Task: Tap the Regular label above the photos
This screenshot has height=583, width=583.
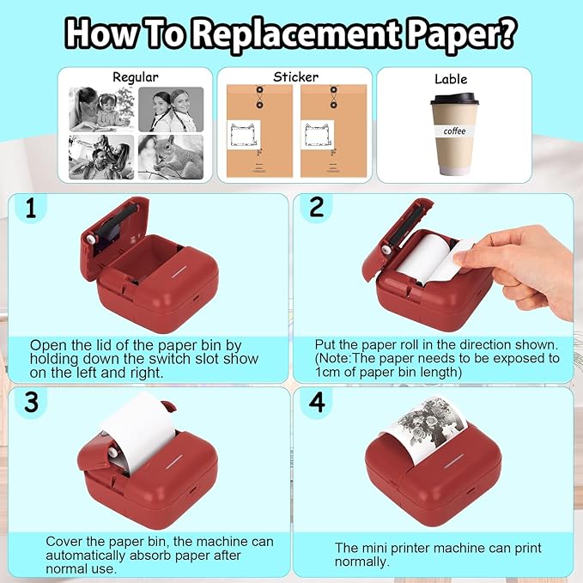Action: (x=135, y=76)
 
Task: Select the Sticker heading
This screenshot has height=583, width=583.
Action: (x=295, y=76)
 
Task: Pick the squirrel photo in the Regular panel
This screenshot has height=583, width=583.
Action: (x=170, y=155)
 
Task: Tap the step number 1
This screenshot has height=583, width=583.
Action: (x=32, y=209)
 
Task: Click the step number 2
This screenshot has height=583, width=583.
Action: (x=317, y=208)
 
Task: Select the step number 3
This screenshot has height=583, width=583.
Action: (x=32, y=402)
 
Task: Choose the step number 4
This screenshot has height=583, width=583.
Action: (x=317, y=402)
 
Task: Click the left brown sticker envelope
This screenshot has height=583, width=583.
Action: (x=256, y=132)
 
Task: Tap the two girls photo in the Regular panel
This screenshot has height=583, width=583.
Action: (x=170, y=108)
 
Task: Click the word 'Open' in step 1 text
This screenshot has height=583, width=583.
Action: (x=47, y=343)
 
